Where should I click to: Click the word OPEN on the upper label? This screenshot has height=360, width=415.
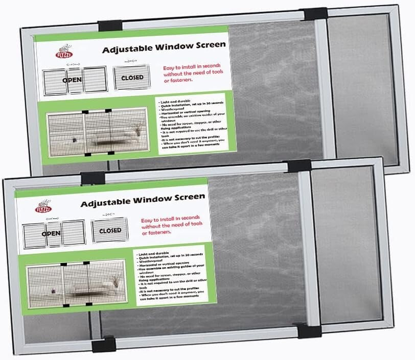pyautogui.click(x=72, y=80)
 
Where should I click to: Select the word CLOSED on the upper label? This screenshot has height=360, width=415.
pyautogui.click(x=132, y=78)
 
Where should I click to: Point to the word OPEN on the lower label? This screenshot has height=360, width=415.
pyautogui.click(x=51, y=233)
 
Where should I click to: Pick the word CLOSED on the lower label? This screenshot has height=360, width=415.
pyautogui.click(x=110, y=230)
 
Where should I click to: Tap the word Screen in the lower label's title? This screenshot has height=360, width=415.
pyautogui.click(x=187, y=197)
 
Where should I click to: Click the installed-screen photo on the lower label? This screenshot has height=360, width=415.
pyautogui.click(x=77, y=284)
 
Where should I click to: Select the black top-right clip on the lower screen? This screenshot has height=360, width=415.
pyautogui.click(x=299, y=165)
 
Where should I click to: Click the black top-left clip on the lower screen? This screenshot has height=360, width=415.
pyautogui.click(x=93, y=178)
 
